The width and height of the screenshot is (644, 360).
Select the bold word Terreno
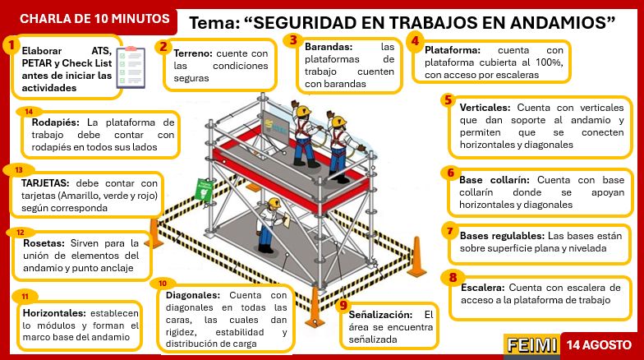click(194, 53)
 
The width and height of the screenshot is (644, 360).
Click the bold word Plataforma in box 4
click(453, 50)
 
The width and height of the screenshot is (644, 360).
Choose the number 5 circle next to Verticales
click(448, 100)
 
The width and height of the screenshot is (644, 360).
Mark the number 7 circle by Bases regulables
click(448, 230)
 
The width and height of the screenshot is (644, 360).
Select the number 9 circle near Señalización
click(343, 305)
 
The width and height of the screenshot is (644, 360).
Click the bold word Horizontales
click(51, 313)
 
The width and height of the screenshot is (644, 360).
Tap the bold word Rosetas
click(42, 243)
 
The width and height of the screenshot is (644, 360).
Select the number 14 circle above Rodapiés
click(29, 112)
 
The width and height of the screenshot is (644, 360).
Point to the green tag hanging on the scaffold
click(202, 191)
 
